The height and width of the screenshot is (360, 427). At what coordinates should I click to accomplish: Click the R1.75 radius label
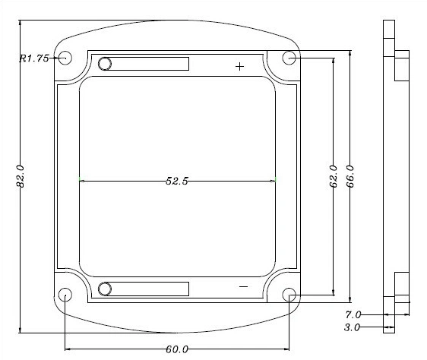(x=34, y=58)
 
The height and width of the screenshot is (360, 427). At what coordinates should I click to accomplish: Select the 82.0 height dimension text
(x=21, y=176)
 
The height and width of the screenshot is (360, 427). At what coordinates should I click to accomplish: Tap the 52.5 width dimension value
(x=177, y=181)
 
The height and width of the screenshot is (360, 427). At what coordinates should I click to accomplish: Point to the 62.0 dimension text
(x=334, y=176)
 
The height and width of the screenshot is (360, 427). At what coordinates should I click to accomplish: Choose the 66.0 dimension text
(x=350, y=176)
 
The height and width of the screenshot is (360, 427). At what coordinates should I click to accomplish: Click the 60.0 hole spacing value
(x=177, y=349)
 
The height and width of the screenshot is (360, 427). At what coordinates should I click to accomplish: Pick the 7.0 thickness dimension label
(x=353, y=314)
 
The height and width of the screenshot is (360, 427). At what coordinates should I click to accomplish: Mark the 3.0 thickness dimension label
(x=352, y=327)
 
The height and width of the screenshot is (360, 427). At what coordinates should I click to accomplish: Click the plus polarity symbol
(x=239, y=66)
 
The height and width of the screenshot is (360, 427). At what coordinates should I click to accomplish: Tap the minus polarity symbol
(x=243, y=286)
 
